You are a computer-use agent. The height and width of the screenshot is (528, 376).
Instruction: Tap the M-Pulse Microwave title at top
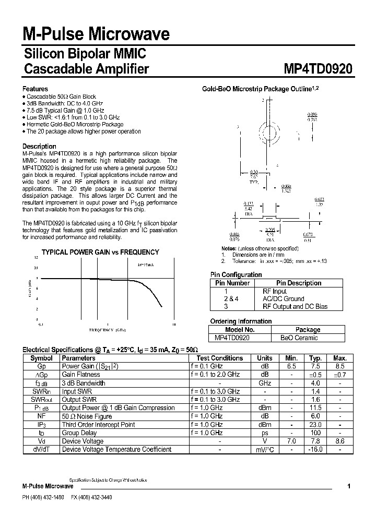tap(96, 34)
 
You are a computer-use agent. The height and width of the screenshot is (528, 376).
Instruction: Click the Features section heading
tap(36, 89)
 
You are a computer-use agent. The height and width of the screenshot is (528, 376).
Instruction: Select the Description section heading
tap(39, 146)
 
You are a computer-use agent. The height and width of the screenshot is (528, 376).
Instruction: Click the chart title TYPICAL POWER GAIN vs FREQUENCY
tap(100, 252)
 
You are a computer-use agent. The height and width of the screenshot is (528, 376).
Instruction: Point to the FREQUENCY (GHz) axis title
tap(108, 330)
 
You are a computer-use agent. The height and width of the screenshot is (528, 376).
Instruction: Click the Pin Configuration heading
tap(236, 274)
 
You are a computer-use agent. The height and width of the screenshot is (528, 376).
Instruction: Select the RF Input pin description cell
tap(274, 291)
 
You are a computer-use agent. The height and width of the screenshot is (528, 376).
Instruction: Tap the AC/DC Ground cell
tap(283, 299)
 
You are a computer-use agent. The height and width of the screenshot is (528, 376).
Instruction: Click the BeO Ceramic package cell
tap(299, 338)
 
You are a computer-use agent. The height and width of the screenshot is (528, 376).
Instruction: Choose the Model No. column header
tap(240, 330)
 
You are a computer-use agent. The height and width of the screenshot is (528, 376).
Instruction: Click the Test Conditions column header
tap(219, 358)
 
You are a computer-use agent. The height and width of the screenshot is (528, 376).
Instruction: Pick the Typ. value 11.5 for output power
tap(315, 407)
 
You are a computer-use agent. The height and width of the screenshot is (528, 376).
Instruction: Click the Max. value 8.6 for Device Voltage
tap(339, 441)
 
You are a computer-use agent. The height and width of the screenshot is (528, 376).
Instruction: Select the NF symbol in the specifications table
tap(41, 416)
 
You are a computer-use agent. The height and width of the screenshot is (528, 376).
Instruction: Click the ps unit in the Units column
tap(265, 433)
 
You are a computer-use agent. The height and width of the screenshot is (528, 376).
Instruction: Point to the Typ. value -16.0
tap(315, 449)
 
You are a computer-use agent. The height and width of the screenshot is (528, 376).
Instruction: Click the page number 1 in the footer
tap(348, 486)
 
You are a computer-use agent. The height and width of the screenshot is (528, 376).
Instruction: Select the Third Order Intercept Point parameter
tap(99, 424)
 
